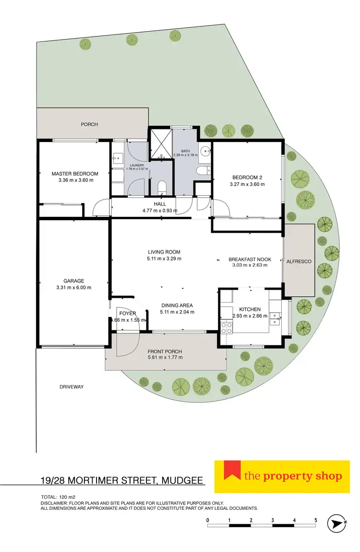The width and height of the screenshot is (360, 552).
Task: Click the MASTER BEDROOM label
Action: pyautogui.click(x=75, y=174)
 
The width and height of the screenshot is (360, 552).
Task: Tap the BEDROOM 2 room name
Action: pyautogui.click(x=247, y=177)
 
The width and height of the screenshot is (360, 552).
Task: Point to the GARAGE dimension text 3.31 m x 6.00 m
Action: pyautogui.click(x=74, y=288)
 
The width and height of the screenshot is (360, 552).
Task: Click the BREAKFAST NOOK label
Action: pyautogui.click(x=250, y=259)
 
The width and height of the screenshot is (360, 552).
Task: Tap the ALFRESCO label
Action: pyautogui.click(x=300, y=262)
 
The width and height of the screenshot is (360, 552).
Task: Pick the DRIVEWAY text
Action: pyautogui.click(x=72, y=387)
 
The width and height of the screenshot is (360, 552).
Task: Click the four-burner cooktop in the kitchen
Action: pyautogui.click(x=226, y=329)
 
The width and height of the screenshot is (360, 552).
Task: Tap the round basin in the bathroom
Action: pyautogui.click(x=206, y=152)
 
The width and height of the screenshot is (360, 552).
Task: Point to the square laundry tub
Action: pyautogui.click(x=118, y=157)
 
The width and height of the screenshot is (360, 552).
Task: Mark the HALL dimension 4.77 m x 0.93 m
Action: pyautogui.click(x=160, y=211)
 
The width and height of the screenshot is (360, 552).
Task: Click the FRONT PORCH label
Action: pyautogui.click(x=165, y=351)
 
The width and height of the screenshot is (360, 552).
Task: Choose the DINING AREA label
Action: pyautogui.click(x=177, y=305)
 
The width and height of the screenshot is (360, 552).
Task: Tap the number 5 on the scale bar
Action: pyautogui.click(x=316, y=520)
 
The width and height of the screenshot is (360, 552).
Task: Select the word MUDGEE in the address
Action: pyautogui.click(x=181, y=481)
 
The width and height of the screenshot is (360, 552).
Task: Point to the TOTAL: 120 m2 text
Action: pyautogui.click(x=59, y=497)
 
